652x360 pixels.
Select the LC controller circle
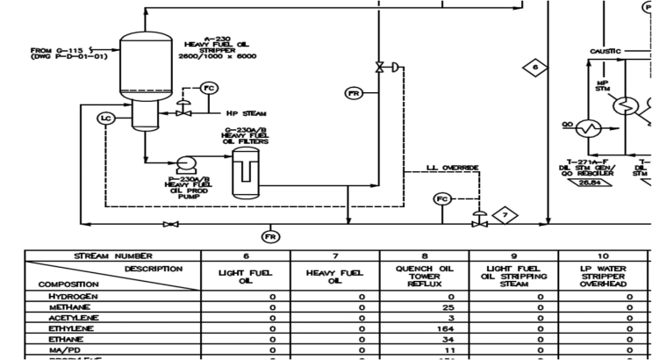click(x=107, y=119)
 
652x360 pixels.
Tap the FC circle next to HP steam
click(x=208, y=88)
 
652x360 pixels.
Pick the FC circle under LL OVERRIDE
click(x=442, y=199)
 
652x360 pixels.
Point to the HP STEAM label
click(x=247, y=113)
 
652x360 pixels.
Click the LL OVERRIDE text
click(x=452, y=168)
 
